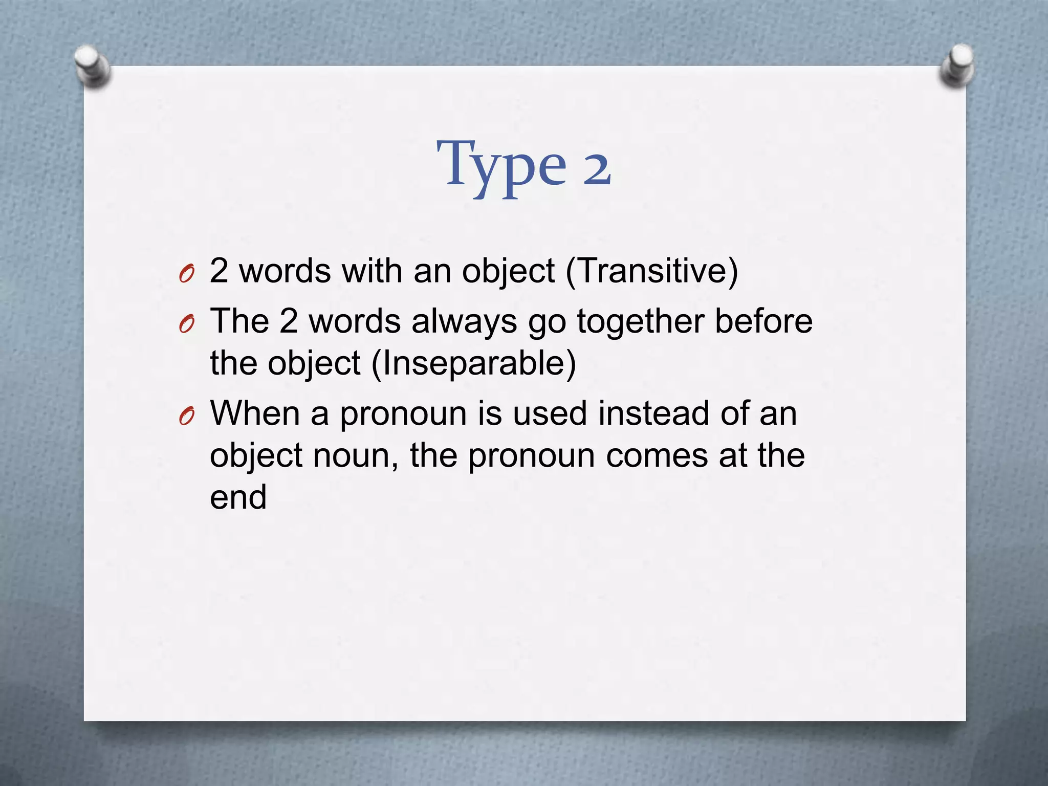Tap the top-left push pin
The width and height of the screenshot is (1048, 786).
[92, 65]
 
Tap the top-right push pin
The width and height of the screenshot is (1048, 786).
[956, 65]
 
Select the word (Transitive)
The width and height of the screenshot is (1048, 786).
[652, 271]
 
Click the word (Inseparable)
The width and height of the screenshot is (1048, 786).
[473, 364]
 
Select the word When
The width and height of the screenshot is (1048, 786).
[255, 413]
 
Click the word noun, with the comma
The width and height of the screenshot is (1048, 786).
[356, 455]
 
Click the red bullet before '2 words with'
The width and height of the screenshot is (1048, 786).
[187, 275]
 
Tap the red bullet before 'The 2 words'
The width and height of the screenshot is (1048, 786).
[187, 325]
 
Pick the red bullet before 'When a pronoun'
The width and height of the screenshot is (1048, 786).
[187, 418]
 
